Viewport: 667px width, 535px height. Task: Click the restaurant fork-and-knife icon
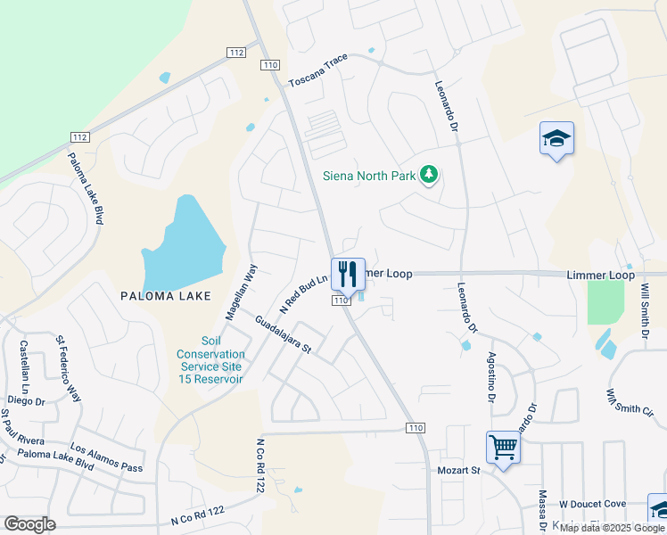[x=348, y=274]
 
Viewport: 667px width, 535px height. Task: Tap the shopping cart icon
[x=503, y=447]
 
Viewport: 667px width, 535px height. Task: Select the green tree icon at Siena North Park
[x=430, y=174]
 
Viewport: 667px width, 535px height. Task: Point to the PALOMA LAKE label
[x=167, y=296]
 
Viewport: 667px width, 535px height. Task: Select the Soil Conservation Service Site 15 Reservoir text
[x=210, y=360]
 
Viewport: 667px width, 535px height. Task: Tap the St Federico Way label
[x=68, y=369]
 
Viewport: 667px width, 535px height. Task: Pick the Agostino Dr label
[x=490, y=376]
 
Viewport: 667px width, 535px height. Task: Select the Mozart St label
[x=458, y=469]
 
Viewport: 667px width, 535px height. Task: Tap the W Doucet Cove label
[x=592, y=506]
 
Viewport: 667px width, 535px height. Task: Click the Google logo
[x=30, y=524]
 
